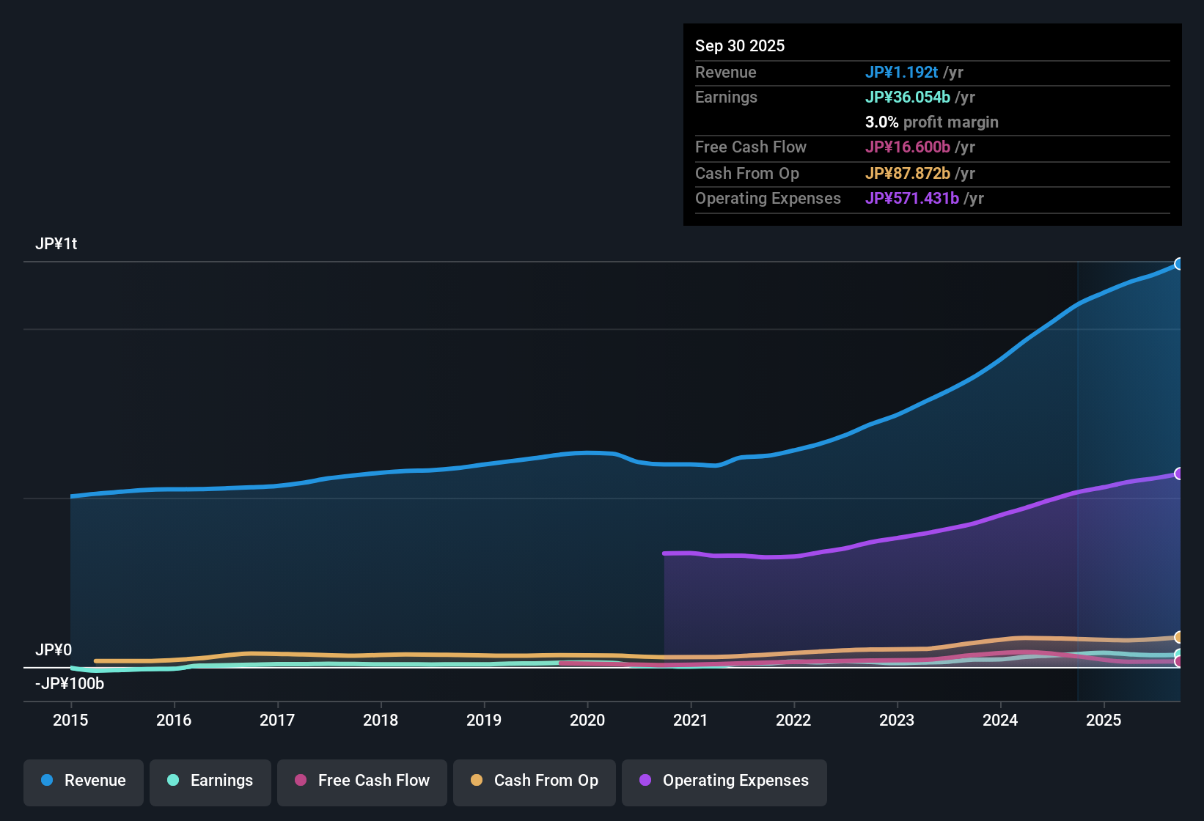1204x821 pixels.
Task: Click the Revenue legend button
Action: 84,781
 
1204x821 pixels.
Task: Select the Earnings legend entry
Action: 210,781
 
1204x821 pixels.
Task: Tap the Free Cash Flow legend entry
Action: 362,781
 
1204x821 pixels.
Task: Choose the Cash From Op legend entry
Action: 535,781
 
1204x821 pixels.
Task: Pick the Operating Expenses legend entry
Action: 724,781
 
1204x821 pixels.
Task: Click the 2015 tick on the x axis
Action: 70,720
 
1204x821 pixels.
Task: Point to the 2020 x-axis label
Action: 587,720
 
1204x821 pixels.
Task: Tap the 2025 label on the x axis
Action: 1104,720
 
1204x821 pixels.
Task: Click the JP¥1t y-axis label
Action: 56,243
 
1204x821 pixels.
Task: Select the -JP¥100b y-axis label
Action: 70,683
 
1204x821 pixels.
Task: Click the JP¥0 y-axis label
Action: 54,649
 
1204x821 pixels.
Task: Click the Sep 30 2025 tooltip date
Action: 740,45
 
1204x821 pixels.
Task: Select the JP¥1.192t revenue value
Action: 901,72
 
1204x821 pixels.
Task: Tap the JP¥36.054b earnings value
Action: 907,97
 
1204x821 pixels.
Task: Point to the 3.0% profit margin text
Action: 931,122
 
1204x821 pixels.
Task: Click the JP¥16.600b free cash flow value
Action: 907,147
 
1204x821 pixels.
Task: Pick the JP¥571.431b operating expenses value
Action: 911,198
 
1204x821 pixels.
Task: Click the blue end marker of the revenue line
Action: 1178,264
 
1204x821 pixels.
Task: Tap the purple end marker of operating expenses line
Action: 1178,474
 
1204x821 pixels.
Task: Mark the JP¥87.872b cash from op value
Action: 907,173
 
